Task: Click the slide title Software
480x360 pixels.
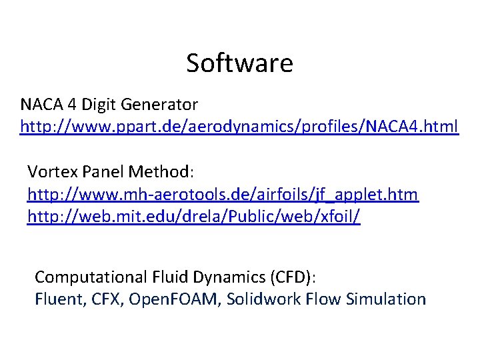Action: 239,63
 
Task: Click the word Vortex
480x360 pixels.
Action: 53,172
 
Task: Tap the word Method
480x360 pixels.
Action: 161,172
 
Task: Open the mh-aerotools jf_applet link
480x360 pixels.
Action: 223,195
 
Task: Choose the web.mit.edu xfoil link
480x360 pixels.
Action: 193,217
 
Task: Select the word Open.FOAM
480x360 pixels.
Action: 174,299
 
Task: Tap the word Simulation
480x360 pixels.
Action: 387,299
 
